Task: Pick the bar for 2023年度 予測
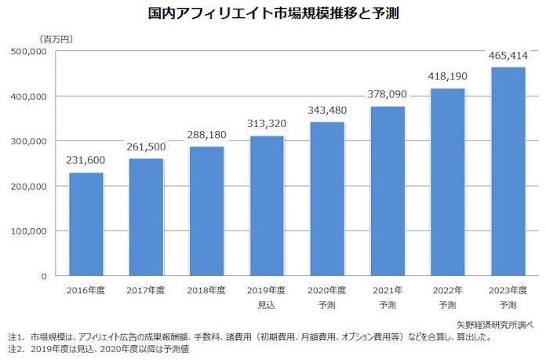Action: (508, 172)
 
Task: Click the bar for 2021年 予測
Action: (388, 191)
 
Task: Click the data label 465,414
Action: (508, 55)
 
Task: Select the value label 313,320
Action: (267, 123)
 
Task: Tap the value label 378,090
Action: (388, 94)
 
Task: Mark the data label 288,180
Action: (206, 134)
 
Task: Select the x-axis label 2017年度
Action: (146, 289)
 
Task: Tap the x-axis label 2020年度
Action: (327, 289)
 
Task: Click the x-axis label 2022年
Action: (447, 289)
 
